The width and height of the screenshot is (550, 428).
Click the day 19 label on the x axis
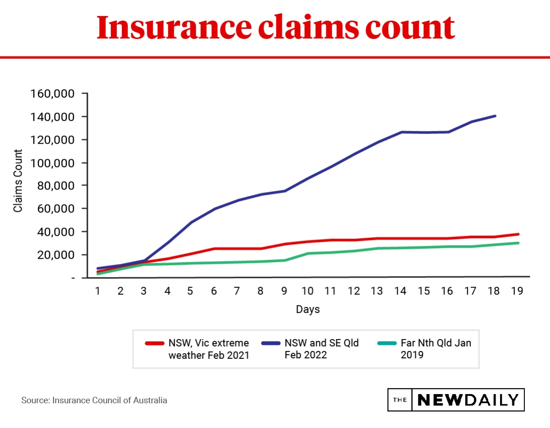517,291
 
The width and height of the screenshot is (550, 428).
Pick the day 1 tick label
98,291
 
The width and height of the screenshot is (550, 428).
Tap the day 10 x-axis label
307,291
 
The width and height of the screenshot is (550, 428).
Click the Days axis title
308,309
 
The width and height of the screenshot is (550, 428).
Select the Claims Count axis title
18,181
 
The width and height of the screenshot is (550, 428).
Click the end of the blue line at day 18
495,116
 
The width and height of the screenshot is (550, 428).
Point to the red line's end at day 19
518,234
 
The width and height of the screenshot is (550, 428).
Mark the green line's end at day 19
518,243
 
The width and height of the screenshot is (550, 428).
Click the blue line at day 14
401,132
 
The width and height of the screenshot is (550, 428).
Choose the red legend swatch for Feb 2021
154,343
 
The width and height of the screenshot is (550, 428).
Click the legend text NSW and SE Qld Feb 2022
321,349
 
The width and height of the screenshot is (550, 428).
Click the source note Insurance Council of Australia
94,400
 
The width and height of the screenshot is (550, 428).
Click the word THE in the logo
400,400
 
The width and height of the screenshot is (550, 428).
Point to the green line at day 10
307,253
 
